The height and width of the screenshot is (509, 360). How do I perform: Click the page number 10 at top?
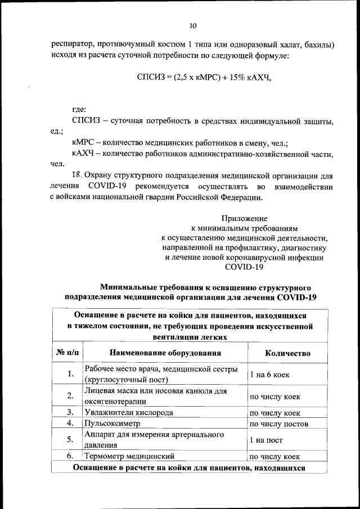(x=193, y=26)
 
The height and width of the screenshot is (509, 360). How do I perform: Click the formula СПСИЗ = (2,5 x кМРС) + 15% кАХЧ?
(x=204, y=77)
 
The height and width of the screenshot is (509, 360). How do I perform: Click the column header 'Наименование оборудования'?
(x=165, y=353)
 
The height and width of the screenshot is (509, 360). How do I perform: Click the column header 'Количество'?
(x=287, y=353)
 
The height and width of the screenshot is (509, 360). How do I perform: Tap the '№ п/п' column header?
(x=67, y=353)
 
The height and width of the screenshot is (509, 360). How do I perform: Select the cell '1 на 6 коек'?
(x=270, y=375)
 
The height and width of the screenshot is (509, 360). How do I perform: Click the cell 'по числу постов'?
(x=278, y=424)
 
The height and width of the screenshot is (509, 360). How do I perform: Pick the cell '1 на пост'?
(x=266, y=440)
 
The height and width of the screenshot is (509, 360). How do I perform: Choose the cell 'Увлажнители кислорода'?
(x=128, y=412)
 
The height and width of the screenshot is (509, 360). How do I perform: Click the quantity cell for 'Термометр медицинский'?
(x=274, y=456)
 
